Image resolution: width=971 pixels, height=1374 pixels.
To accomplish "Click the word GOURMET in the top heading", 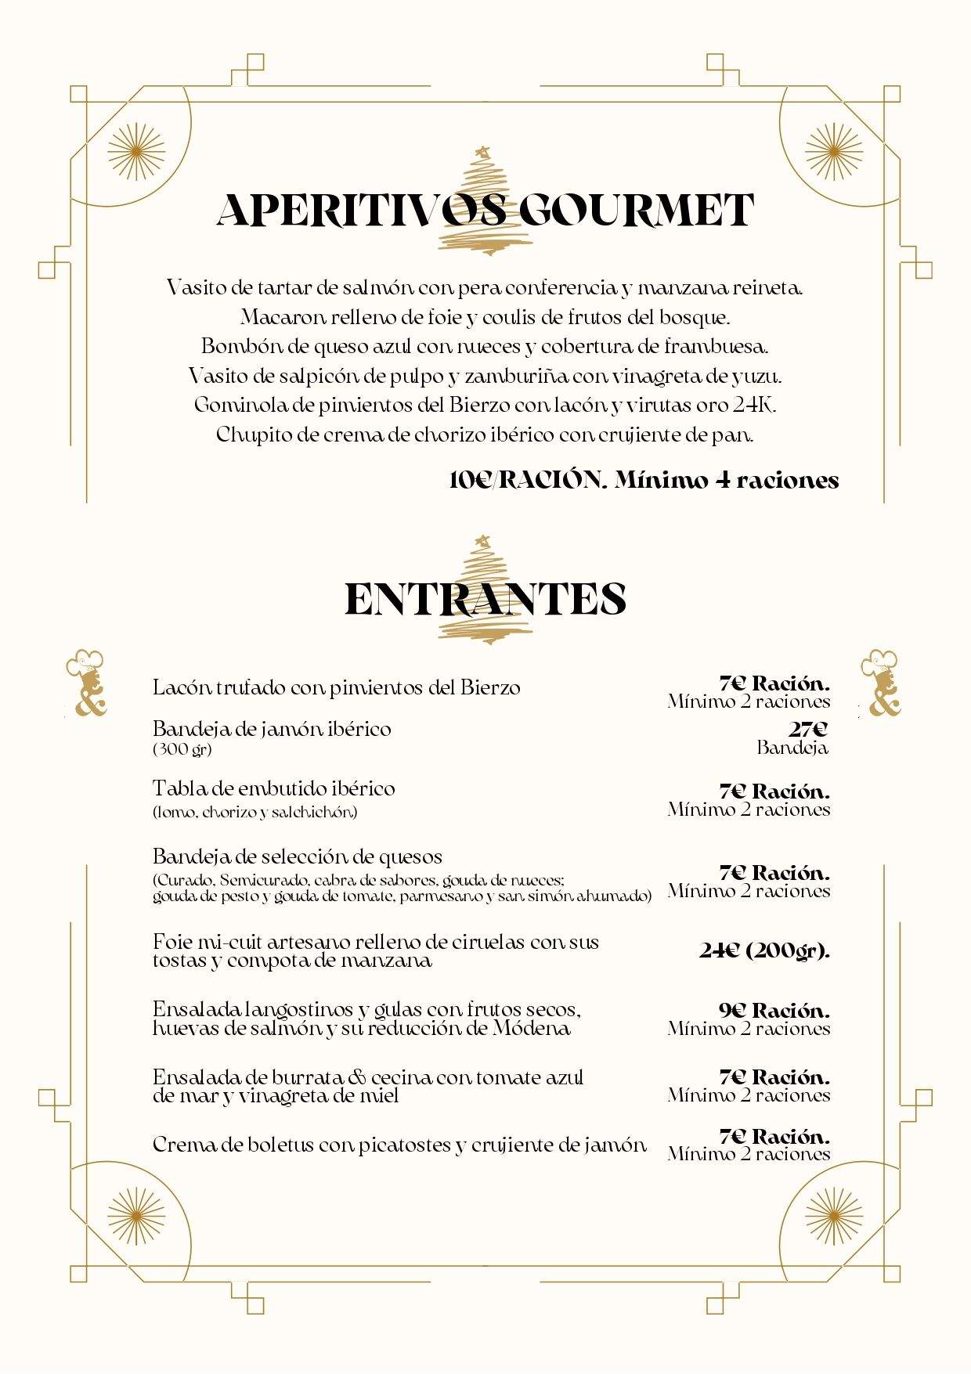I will click(636, 210).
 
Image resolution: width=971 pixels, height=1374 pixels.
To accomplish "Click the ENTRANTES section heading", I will click(485, 599).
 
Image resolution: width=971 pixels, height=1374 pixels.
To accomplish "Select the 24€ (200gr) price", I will click(764, 950).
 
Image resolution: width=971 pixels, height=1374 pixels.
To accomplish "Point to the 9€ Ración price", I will click(774, 1010).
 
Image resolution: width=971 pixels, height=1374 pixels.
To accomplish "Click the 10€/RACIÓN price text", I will click(528, 480).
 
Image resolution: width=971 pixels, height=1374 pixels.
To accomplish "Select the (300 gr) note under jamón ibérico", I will click(182, 749).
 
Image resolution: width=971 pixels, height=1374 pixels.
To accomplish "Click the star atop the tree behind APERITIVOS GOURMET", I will click(483, 150).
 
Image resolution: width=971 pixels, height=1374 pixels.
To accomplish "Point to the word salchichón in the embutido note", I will click(314, 812).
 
